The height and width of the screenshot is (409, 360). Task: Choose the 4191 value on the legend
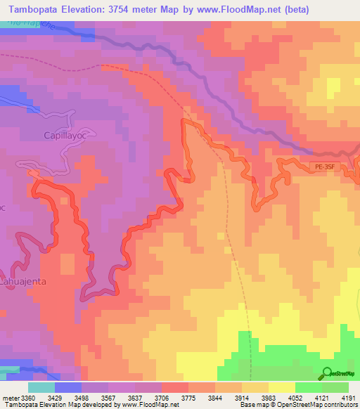(349, 398)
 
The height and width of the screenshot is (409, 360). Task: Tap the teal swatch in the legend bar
(41, 387)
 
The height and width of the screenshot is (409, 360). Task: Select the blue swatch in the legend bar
(68, 387)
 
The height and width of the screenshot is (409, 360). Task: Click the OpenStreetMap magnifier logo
(327, 372)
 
